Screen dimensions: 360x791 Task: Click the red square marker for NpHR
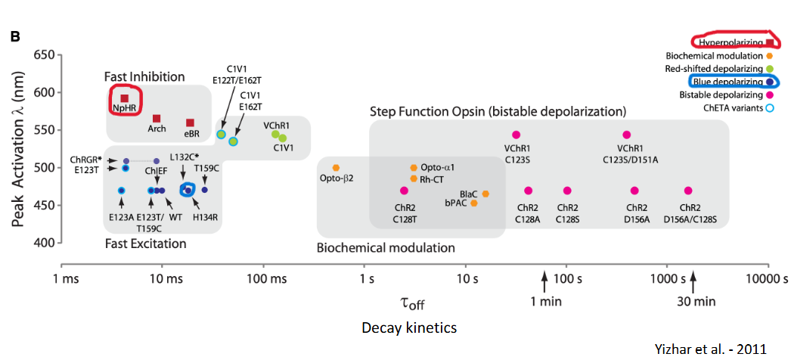coord(125,98)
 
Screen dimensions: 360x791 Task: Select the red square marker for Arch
coord(157,118)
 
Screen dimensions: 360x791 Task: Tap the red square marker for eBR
coord(191,123)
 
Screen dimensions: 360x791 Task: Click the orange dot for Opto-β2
coord(337,167)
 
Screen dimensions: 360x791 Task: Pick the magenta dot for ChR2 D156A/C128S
coord(688,191)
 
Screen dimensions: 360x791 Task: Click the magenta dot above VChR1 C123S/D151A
coord(626,135)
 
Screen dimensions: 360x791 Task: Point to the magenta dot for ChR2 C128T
coord(404,191)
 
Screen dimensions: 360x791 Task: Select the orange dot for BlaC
coord(485,194)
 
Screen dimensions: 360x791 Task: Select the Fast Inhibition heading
coord(144,76)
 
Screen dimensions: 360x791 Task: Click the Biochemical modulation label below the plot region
coord(386,247)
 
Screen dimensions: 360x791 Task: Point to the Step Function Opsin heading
coord(498,111)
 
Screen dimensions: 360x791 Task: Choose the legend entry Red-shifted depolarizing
coord(713,69)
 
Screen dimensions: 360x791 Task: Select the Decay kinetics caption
coord(409,327)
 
